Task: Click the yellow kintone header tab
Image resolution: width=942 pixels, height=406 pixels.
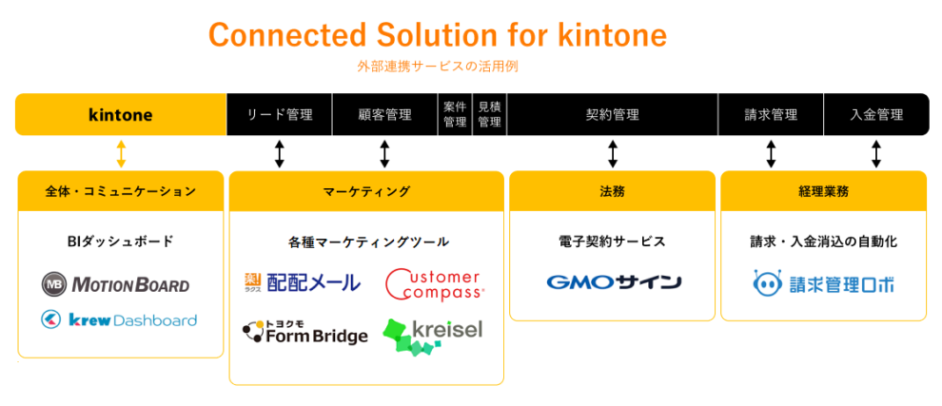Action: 120,115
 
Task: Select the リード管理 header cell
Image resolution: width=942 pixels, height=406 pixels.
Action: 279,115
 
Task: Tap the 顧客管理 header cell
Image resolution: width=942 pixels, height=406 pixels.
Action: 384,115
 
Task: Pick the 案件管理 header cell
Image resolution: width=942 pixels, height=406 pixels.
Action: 454,115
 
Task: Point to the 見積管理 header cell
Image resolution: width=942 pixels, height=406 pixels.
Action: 489,115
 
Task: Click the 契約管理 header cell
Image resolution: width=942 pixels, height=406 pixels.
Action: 612,115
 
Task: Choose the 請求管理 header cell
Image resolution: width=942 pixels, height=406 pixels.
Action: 771,115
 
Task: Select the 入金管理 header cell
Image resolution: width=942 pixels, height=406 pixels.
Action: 876,115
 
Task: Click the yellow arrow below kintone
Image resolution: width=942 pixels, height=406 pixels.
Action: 121,153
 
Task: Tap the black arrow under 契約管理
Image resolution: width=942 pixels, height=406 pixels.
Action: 613,153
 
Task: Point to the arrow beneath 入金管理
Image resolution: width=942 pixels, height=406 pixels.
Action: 876,153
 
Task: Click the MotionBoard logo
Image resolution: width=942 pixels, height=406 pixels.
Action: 115,283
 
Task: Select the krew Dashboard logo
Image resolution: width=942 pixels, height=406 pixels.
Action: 119,320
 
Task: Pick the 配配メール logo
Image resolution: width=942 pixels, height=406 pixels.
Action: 302,281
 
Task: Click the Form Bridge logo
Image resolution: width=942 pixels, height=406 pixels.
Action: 304,332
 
